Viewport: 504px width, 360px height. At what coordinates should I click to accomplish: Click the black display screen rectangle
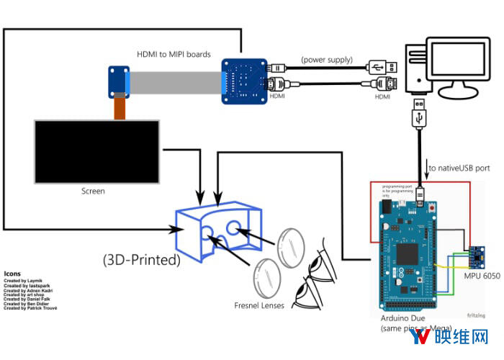coord(96,151)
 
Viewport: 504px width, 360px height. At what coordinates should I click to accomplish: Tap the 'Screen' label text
coord(93,191)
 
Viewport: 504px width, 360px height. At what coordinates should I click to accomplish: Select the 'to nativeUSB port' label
coord(459,168)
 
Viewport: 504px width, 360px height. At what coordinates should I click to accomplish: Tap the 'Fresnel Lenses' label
coord(259,305)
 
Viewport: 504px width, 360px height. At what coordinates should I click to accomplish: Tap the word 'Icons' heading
coord(12,274)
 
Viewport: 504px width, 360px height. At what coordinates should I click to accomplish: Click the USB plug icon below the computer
coord(420,115)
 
